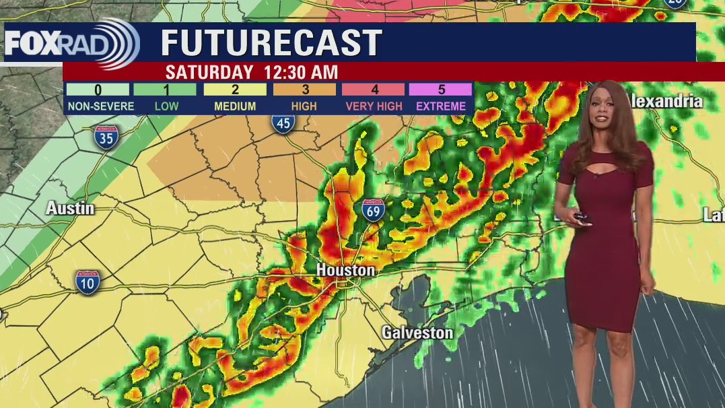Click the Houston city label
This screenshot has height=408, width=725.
point(345,270)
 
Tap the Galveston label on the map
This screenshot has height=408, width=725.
point(417,333)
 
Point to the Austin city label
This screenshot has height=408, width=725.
point(70,209)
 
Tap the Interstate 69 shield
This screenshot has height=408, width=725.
point(373,211)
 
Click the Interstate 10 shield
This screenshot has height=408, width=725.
point(88,281)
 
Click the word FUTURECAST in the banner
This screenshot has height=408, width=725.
point(271,44)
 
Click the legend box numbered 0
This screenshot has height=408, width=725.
point(98,90)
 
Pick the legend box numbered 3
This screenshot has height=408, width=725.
point(304,90)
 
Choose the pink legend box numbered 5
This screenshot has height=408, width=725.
point(441,90)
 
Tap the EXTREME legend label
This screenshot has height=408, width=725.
point(441,106)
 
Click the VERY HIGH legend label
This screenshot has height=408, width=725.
point(374,106)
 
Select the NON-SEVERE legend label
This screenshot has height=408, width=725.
point(100,106)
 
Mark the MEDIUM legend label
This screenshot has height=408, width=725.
point(235,106)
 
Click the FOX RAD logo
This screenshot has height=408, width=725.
point(71,44)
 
